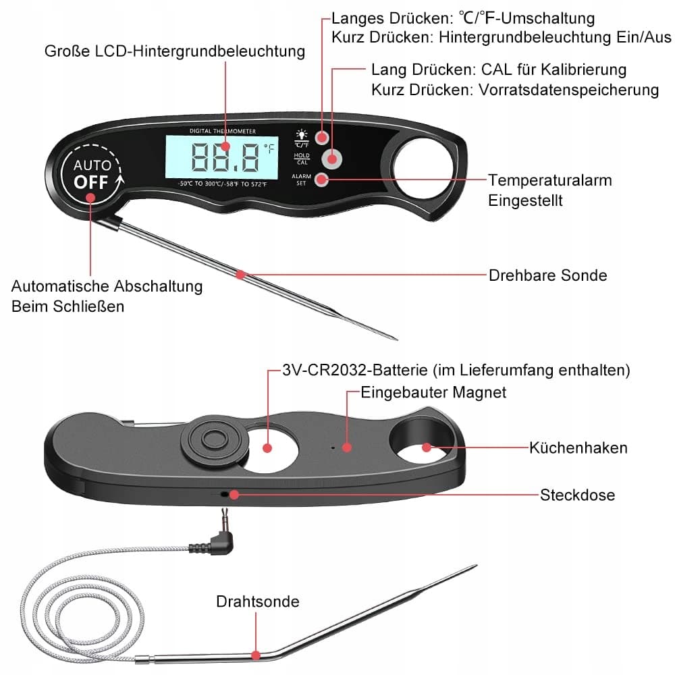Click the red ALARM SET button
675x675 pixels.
point(323,180)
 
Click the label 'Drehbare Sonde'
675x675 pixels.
point(547,275)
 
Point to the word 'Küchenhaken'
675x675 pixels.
point(578,448)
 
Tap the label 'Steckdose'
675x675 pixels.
point(577,495)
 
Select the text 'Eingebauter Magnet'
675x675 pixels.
point(433,392)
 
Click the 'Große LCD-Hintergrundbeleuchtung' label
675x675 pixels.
point(175,51)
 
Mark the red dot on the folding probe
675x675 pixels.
point(241,274)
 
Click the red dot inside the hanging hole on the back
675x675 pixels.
point(426,447)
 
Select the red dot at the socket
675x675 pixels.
point(234,494)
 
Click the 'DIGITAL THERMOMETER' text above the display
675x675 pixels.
point(222,130)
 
